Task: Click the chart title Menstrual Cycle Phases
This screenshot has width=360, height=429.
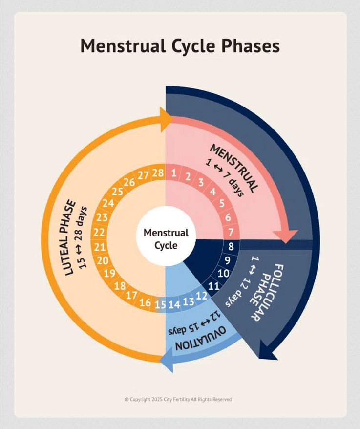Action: tap(180, 45)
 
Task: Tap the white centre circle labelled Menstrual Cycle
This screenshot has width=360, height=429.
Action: tap(166, 239)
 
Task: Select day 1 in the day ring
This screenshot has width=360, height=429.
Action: tap(173, 172)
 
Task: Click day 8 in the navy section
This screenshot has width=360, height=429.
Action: tap(231, 246)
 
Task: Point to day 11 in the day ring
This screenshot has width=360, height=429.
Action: tap(213, 286)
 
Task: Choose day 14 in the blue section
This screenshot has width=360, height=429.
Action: tap(174, 304)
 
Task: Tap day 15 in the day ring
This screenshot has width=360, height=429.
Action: tap(160, 304)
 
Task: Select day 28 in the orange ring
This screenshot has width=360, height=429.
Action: tap(157, 172)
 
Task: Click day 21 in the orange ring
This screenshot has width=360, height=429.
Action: tap(100, 246)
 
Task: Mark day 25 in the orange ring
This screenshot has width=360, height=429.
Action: tap(117, 192)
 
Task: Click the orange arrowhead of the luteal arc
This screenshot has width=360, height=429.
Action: tap(166, 118)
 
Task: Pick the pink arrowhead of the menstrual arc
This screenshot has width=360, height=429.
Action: tap(288, 236)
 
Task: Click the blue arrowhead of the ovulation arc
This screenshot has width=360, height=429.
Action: tap(166, 360)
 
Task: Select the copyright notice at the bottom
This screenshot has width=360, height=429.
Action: tap(178, 399)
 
